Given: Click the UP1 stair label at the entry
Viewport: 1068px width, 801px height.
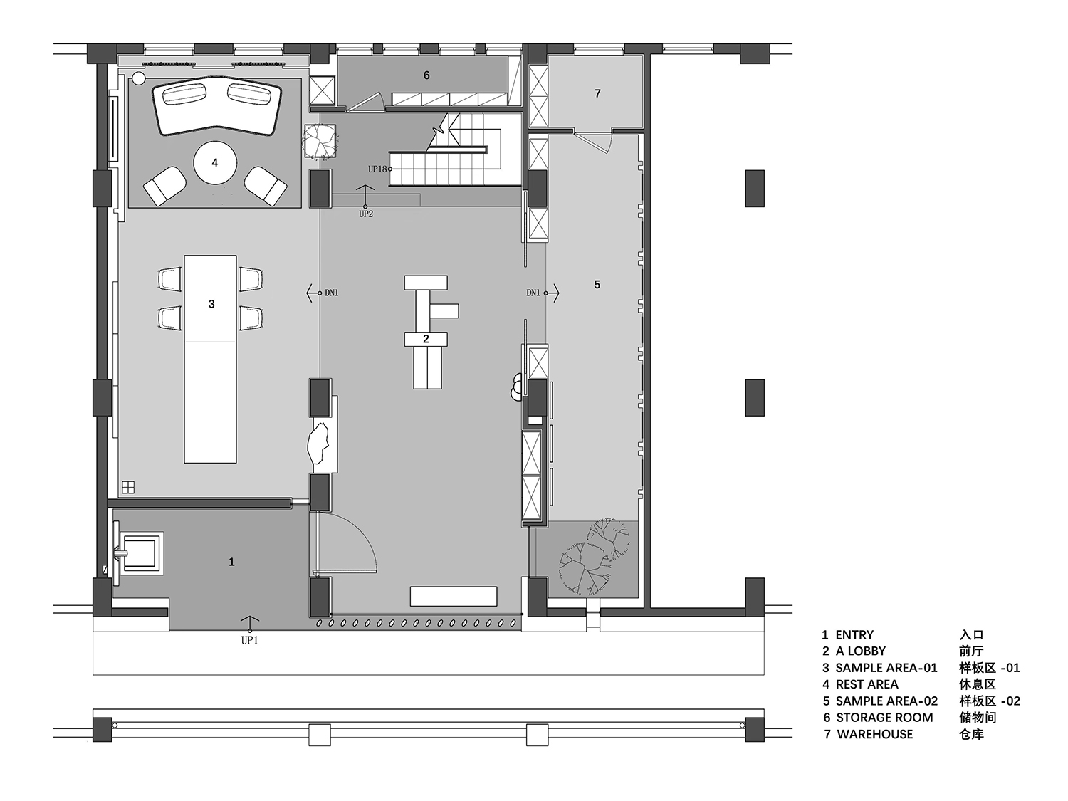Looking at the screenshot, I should (249, 640).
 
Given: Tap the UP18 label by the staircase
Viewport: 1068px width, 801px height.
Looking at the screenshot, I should (377, 169).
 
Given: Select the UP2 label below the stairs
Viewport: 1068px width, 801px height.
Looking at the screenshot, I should (365, 214).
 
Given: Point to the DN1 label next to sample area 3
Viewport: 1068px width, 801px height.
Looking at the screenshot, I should (332, 293).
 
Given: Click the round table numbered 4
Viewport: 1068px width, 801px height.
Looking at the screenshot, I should (215, 163).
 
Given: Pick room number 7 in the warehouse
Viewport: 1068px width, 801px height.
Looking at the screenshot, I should (597, 93).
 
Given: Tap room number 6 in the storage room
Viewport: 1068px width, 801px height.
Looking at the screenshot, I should (426, 75).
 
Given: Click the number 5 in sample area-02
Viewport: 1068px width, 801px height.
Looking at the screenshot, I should (597, 285).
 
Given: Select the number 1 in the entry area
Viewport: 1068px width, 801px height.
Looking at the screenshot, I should (231, 562).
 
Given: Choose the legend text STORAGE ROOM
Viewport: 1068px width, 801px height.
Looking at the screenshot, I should (884, 718).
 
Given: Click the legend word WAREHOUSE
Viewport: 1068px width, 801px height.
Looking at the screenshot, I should (874, 734).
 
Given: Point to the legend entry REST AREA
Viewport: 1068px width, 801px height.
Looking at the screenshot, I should (867, 684).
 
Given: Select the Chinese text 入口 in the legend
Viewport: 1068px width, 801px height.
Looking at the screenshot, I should (971, 635).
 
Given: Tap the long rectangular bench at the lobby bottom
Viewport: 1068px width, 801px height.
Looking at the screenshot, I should (454, 596).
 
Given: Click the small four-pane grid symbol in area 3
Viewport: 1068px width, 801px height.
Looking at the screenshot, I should (128, 487).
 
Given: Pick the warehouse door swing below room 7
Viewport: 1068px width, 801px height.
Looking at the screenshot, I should (603, 145).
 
